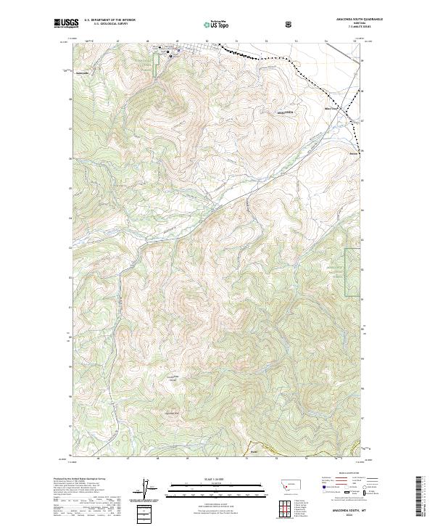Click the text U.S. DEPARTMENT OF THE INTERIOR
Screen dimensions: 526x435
pos(110,20)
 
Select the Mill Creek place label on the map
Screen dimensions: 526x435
pos(331,109)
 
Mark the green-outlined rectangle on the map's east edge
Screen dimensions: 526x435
pos(352,272)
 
